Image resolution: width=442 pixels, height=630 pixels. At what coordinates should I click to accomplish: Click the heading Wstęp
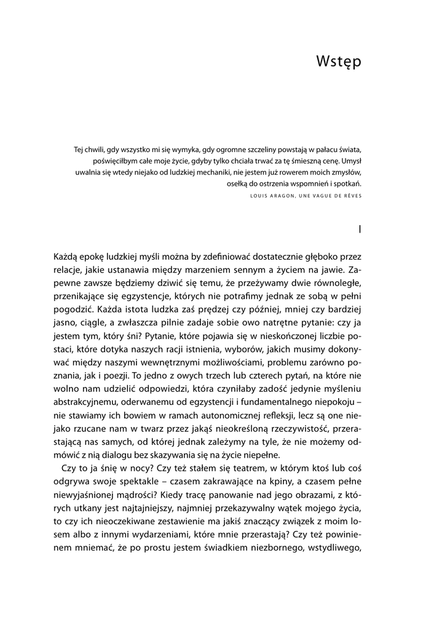tap(338, 62)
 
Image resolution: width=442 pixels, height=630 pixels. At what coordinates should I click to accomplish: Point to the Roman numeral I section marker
tap(360, 229)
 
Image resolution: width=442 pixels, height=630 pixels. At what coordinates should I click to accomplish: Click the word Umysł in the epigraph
tap(350, 161)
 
